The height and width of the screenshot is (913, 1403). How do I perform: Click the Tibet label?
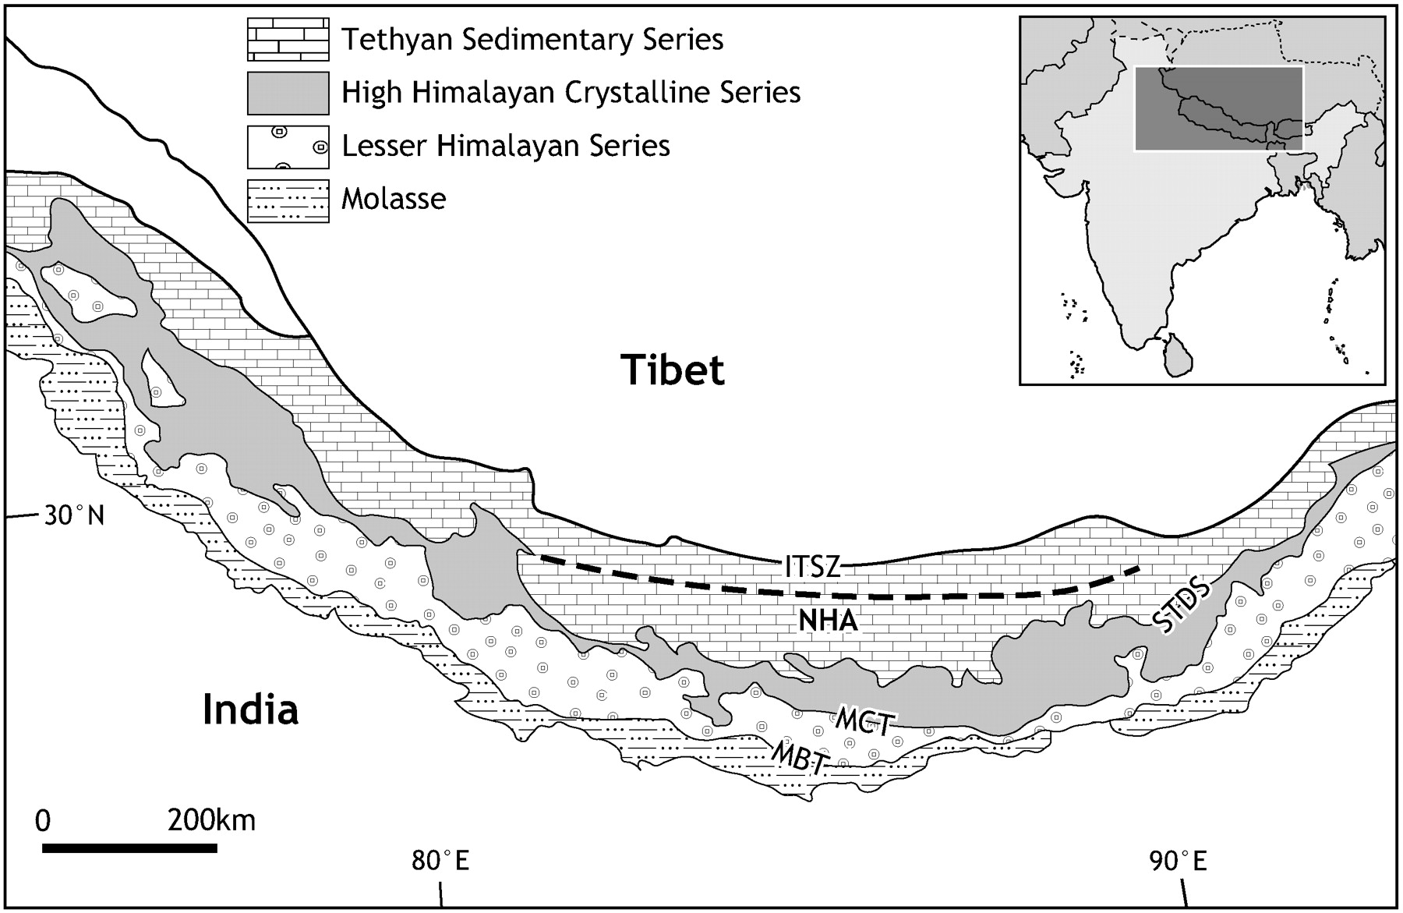pyautogui.click(x=673, y=370)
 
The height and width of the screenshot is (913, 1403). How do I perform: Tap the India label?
pyautogui.click(x=250, y=710)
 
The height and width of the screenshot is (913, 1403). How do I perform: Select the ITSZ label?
pyautogui.click(x=813, y=567)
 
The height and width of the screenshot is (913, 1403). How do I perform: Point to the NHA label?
pyautogui.click(x=828, y=621)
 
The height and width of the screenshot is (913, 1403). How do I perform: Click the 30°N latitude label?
pyautogui.click(x=74, y=515)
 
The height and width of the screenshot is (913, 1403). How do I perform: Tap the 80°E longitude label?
pyautogui.click(x=440, y=862)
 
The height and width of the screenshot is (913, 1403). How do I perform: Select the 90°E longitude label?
pyautogui.click(x=1177, y=862)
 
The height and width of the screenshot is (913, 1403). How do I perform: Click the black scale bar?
pyautogui.click(x=129, y=848)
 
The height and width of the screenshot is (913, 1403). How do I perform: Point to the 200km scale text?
pyautogui.click(x=211, y=820)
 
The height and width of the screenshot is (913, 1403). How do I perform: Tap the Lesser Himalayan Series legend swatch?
pyautogui.click(x=288, y=147)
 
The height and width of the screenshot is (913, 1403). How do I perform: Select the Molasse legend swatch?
pyautogui.click(x=288, y=200)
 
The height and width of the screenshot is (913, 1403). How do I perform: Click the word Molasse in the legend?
pyautogui.click(x=394, y=199)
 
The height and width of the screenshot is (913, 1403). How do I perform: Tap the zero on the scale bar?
pyautogui.click(x=43, y=820)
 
